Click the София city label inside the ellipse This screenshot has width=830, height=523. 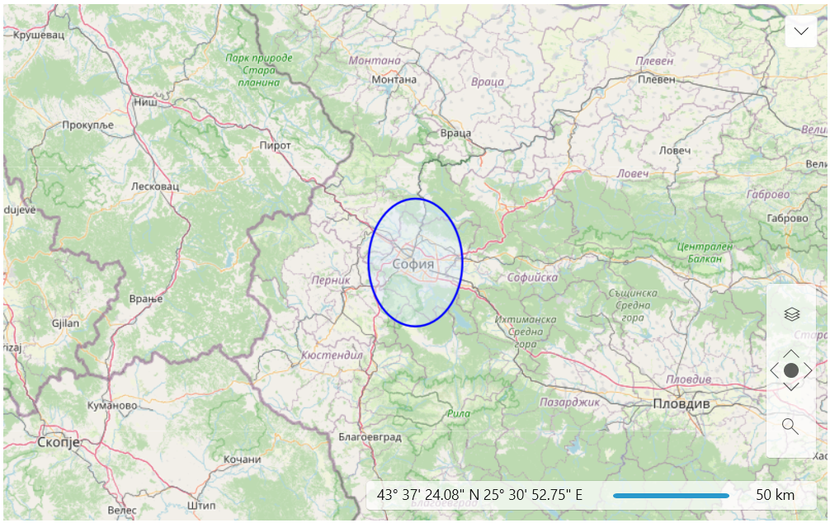click(x=413, y=264)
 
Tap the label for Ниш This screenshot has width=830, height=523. click(x=145, y=103)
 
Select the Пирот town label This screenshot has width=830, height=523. click(x=275, y=145)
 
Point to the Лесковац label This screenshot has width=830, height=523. click(x=155, y=186)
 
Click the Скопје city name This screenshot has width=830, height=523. click(x=59, y=443)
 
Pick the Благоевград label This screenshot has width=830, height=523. click(x=370, y=436)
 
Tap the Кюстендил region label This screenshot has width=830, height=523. click(x=332, y=355)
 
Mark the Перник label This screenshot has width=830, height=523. click(x=331, y=280)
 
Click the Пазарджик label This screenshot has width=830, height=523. click(x=569, y=403)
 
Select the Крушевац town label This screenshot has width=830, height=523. click(x=40, y=35)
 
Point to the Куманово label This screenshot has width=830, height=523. click(x=112, y=406)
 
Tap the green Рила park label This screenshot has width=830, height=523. click(x=458, y=413)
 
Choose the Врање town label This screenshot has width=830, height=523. click(x=146, y=299)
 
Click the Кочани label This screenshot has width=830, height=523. click(x=243, y=459)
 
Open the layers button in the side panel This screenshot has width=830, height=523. click(x=791, y=313)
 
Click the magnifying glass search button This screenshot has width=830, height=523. click(x=790, y=426)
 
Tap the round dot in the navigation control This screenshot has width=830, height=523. click(x=791, y=370)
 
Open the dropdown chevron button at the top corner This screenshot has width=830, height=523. click(x=801, y=31)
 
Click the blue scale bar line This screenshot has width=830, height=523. click(x=671, y=496)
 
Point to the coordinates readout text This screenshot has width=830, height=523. click(x=479, y=495)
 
